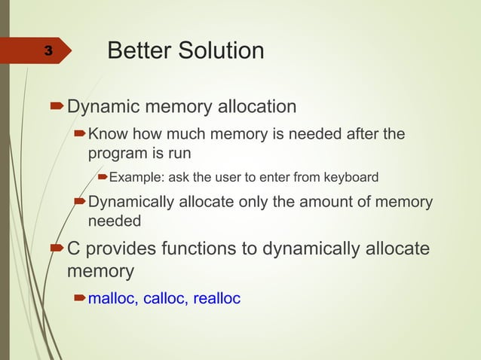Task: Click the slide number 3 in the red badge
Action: coord(47,51)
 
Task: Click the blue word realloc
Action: coord(217,299)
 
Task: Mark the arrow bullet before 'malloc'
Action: coord(79,299)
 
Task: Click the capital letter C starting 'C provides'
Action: coord(74,249)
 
